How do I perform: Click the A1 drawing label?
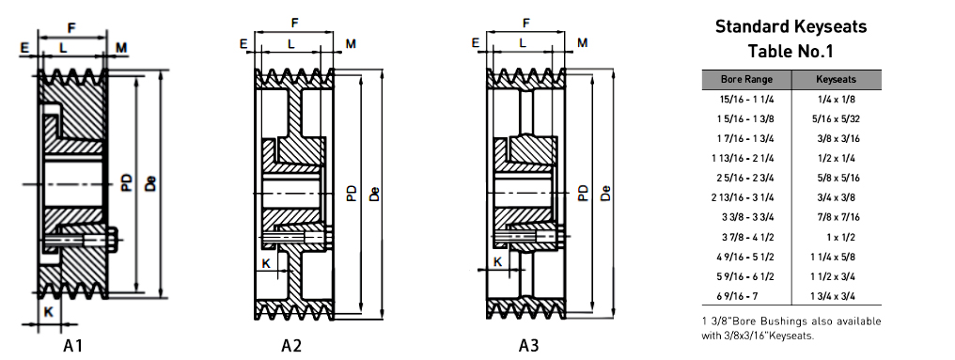[x=74, y=346]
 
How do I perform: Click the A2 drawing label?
[x=291, y=346]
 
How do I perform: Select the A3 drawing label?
[x=529, y=346]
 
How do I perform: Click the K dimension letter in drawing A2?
[x=266, y=264]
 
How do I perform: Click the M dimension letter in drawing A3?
[x=582, y=43]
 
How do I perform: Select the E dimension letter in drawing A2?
[x=243, y=43]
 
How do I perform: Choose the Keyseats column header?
[x=835, y=80]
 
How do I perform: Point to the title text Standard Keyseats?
[x=791, y=26]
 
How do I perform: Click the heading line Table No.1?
[x=791, y=51]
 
